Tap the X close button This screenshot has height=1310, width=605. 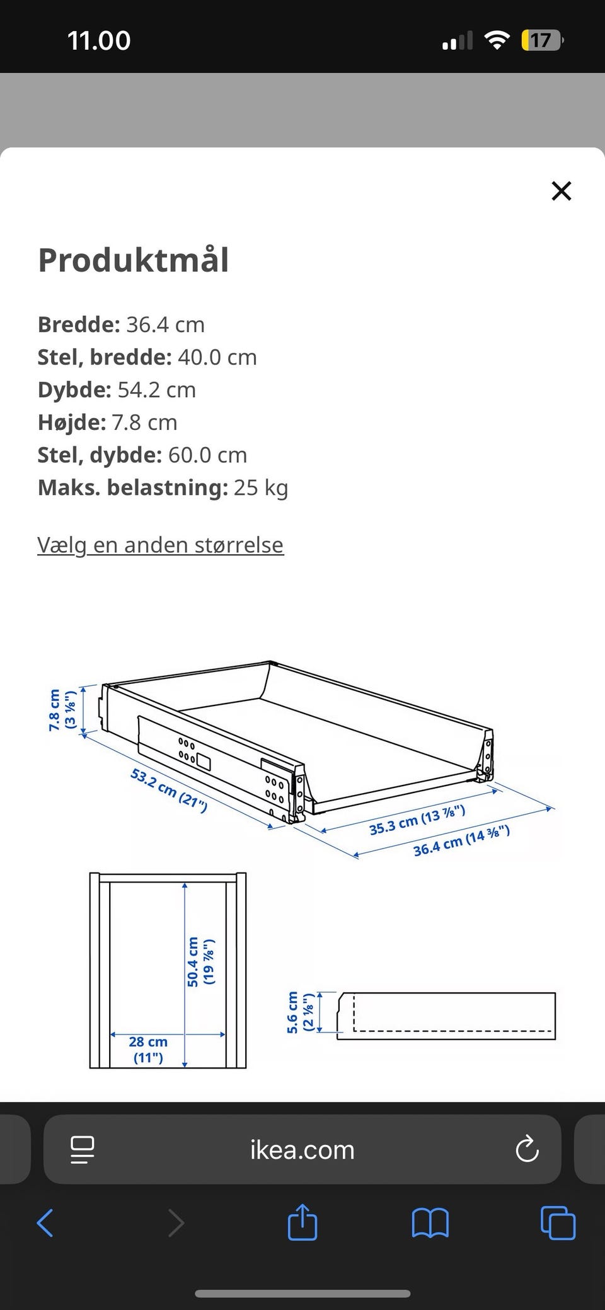[561, 190]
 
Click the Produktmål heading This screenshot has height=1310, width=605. [133, 260]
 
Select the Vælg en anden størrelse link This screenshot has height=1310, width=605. [160, 545]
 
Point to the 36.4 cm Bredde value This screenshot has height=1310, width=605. [165, 325]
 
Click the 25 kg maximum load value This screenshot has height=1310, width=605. [261, 487]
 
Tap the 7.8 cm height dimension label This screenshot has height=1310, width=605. [62, 710]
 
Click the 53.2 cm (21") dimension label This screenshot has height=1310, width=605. [168, 790]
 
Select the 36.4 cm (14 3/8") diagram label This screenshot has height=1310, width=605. [461, 842]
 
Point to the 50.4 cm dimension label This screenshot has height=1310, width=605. [200, 961]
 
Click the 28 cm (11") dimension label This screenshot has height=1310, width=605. [148, 1050]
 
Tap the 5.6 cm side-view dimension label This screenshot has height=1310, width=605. [300, 1012]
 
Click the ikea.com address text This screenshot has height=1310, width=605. [302, 1150]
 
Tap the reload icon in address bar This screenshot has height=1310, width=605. [527, 1149]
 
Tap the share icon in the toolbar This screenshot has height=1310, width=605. [302, 1223]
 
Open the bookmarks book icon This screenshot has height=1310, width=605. [430, 1223]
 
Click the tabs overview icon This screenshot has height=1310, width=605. [558, 1223]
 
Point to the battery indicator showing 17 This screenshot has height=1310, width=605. [541, 41]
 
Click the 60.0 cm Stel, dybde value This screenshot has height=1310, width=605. [207, 455]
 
